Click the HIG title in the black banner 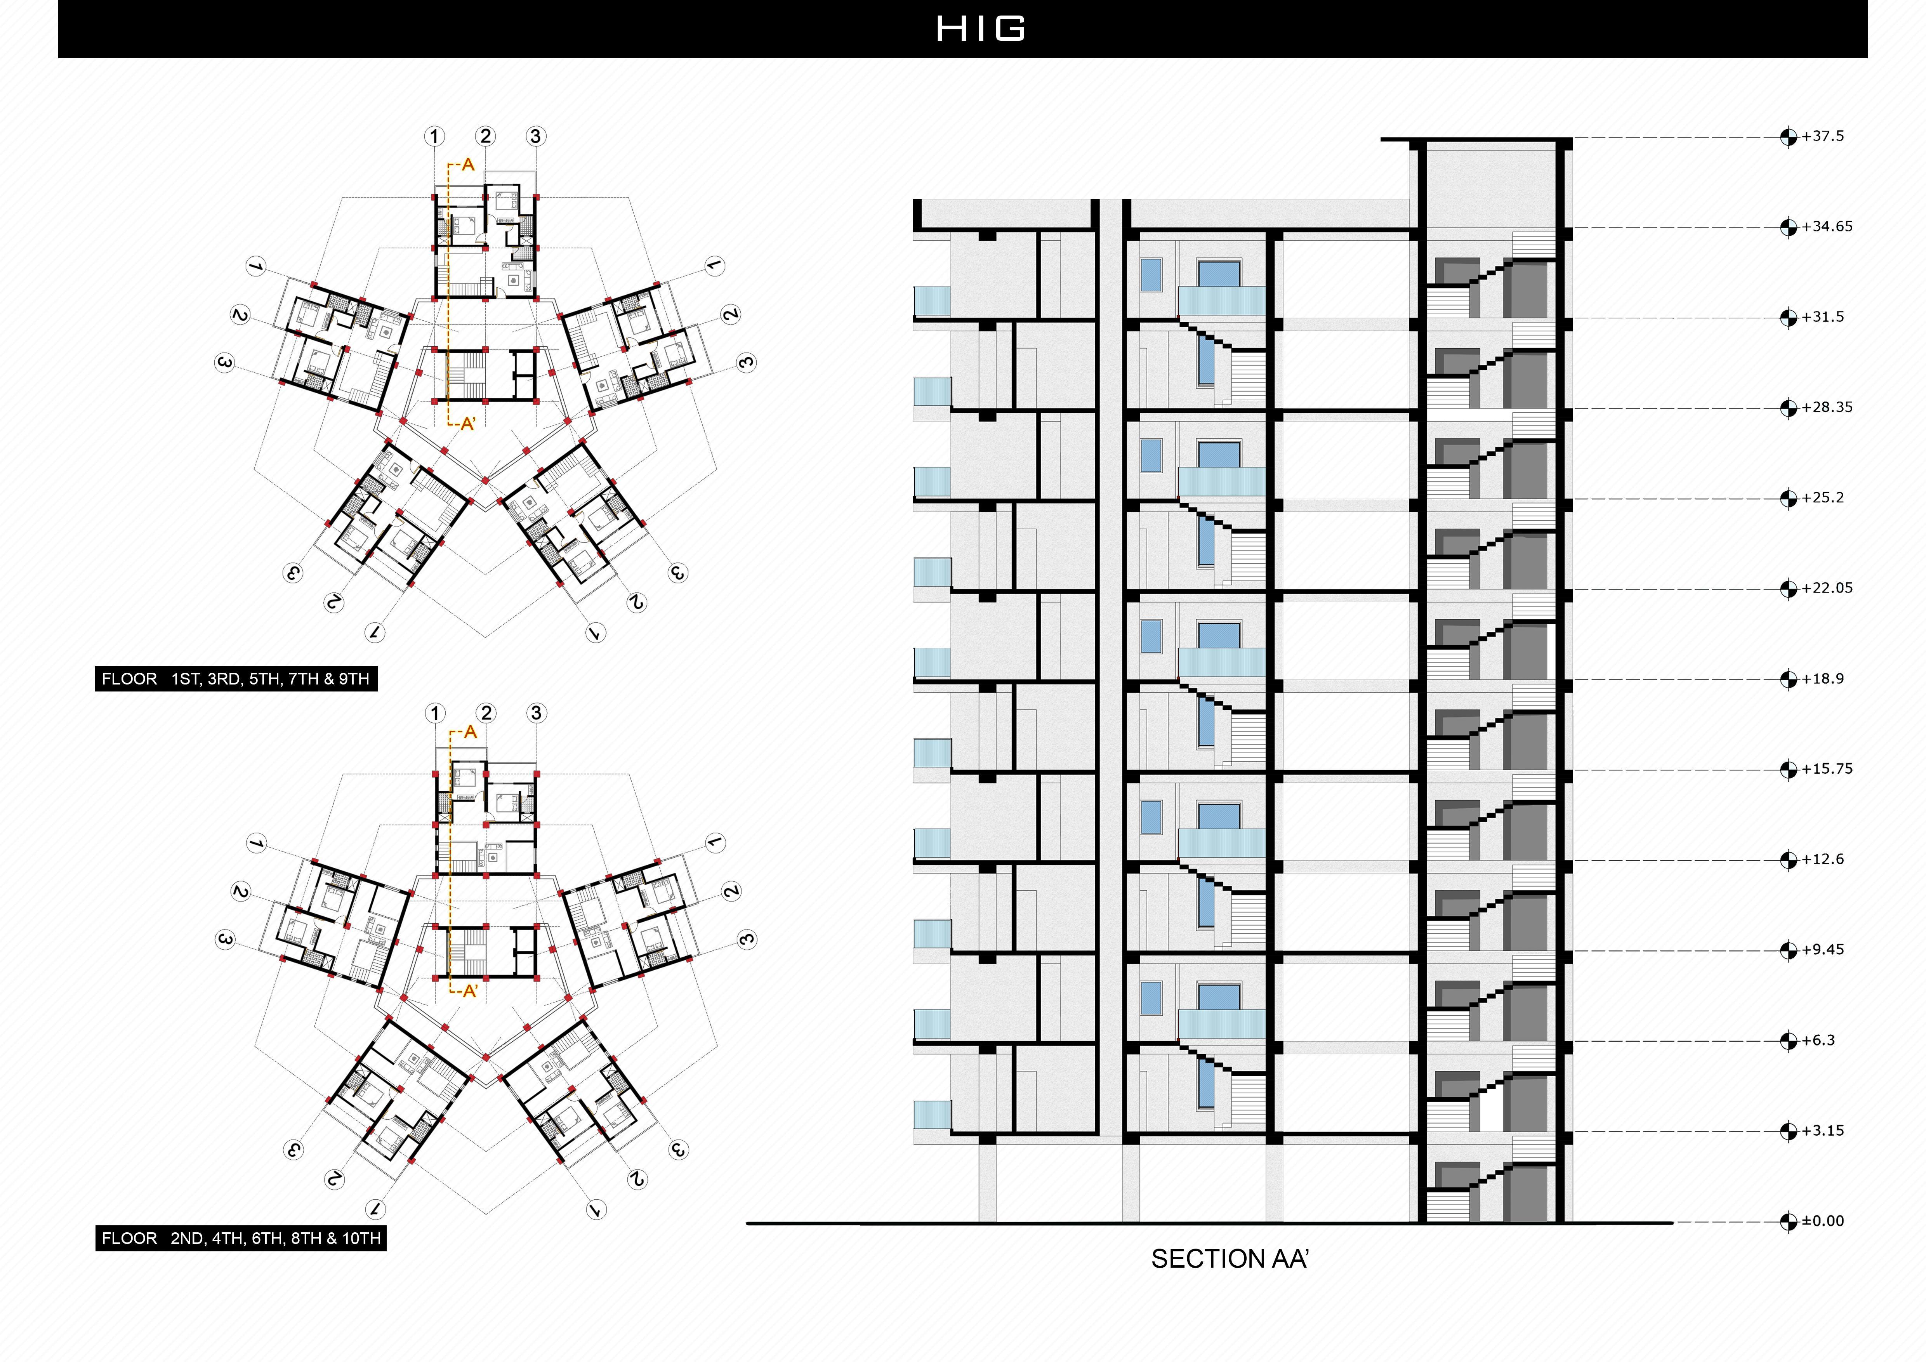980,28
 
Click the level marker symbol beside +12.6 1789,860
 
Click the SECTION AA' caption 1229,1259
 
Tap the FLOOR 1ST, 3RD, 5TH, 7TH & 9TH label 236,679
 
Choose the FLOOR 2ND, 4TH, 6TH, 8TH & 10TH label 241,1238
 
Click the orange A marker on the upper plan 467,164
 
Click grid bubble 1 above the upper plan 434,136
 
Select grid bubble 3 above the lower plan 536,713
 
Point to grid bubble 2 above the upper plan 485,136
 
